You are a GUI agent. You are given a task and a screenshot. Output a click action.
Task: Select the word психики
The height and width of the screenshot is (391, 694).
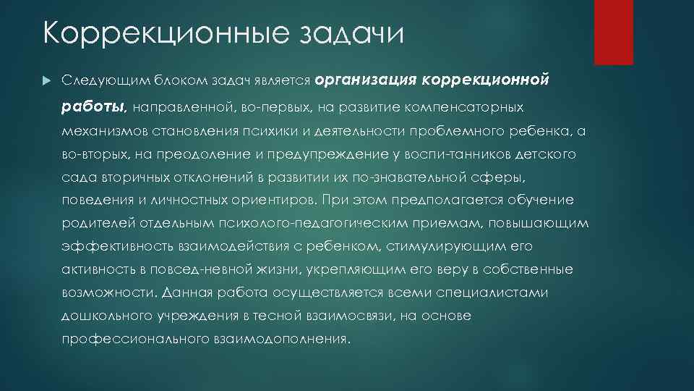click(287, 131)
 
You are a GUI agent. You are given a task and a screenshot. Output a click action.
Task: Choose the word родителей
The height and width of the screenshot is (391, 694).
click(93, 224)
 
